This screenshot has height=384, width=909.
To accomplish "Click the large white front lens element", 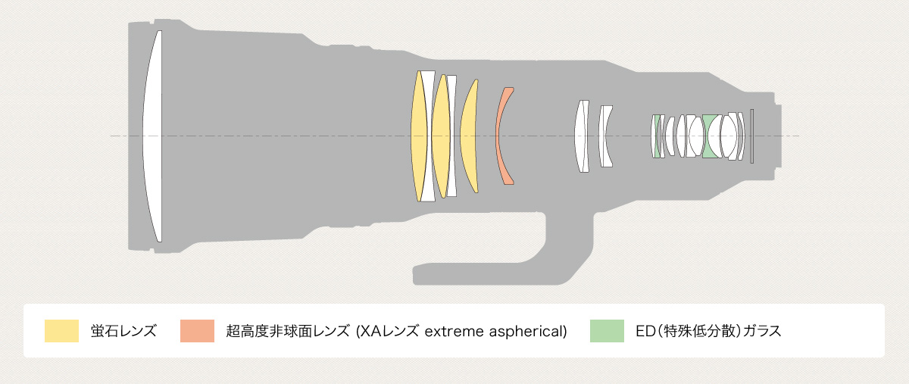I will click(x=153, y=136).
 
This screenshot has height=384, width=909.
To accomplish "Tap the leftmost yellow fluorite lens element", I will click(x=418, y=136).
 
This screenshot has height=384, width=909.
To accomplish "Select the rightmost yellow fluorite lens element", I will click(x=470, y=136).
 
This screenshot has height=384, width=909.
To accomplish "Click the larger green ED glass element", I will click(x=711, y=136).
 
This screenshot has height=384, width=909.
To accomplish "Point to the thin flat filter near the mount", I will click(x=752, y=136).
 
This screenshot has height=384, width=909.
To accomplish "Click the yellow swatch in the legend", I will click(x=61, y=331).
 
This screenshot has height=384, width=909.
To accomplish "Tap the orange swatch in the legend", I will click(x=197, y=331).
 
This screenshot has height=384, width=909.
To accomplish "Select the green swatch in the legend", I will click(x=607, y=331).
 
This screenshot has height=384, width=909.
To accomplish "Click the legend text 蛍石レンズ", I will click(x=123, y=331).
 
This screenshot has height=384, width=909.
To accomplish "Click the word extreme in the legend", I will click(x=451, y=331).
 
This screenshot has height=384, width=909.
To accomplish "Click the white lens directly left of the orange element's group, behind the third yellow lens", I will click(x=452, y=136).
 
